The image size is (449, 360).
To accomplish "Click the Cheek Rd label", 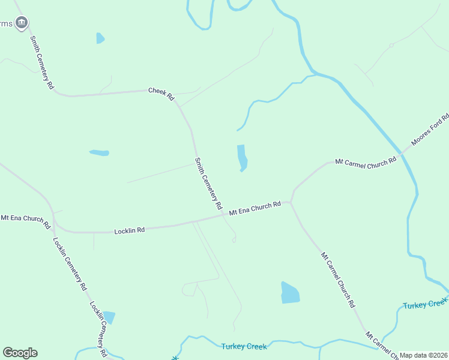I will (161, 94).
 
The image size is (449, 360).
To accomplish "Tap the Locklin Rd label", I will (130, 230).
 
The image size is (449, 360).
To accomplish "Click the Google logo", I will (20, 353).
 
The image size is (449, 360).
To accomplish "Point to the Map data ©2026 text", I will (423, 355).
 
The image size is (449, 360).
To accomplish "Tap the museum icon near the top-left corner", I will (22, 23).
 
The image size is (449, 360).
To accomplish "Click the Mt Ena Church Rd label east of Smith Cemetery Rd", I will (255, 208).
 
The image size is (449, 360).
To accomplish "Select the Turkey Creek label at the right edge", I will (425, 304).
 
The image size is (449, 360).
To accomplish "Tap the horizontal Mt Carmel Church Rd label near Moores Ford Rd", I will (366, 161).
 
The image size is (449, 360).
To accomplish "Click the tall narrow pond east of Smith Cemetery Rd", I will (242, 158).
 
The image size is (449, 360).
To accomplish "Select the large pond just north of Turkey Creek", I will (290, 293).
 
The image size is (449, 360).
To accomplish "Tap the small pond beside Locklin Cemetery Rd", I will (109, 317).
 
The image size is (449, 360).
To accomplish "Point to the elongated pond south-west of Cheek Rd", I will (99, 153).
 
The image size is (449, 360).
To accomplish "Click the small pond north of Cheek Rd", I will (100, 38).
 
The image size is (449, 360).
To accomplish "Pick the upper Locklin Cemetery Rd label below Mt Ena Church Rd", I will (69, 264).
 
